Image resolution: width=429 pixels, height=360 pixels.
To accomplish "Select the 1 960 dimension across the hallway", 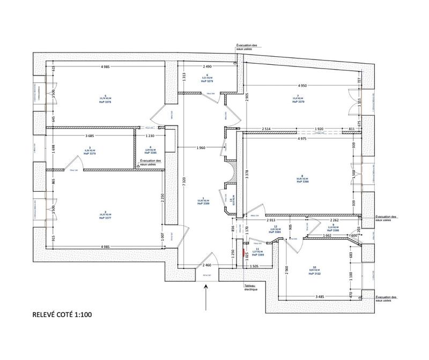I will pos(201,147).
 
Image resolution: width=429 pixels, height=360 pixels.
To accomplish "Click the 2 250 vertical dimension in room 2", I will pos(162,198).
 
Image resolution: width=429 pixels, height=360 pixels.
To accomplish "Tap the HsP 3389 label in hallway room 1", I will pos(203,204).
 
